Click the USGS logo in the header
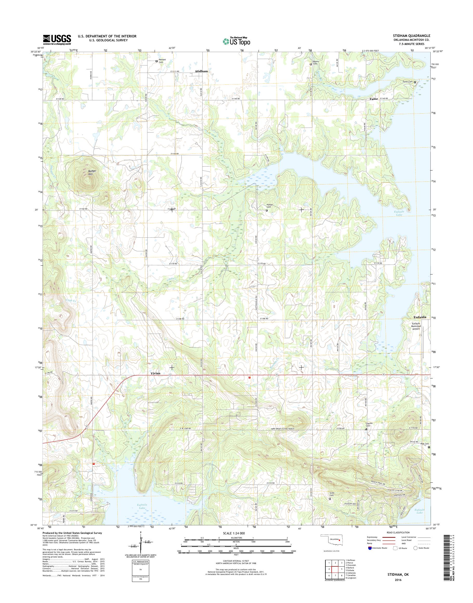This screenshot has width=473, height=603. (57, 40)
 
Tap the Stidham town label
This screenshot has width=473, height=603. (201, 71)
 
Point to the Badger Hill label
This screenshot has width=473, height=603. (88, 173)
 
